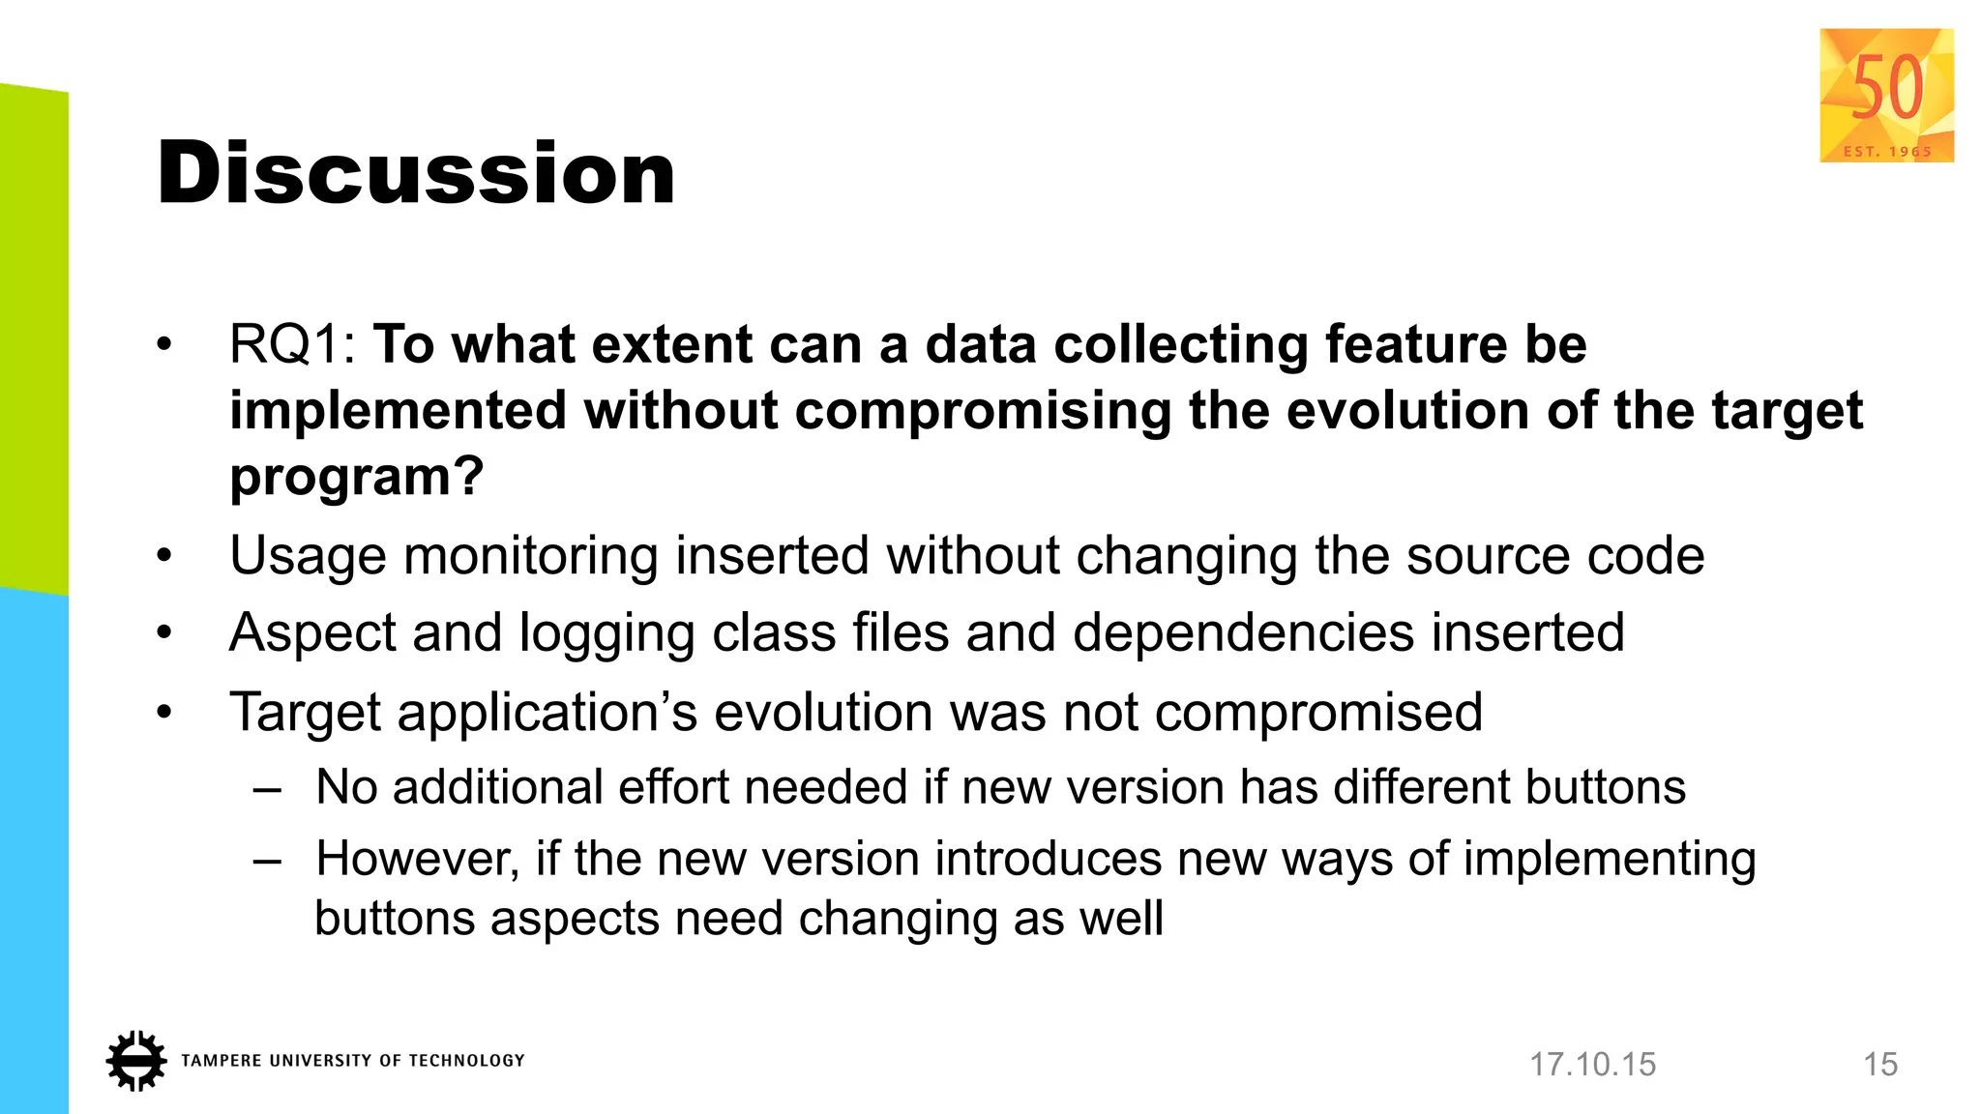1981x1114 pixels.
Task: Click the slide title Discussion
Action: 416,173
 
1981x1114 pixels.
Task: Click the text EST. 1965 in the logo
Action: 1887,151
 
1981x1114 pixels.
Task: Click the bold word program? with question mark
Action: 356,476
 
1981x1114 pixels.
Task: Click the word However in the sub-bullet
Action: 418,860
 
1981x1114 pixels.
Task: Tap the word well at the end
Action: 1121,918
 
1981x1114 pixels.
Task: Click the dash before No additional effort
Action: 267,788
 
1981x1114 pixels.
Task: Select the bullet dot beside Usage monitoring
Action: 164,556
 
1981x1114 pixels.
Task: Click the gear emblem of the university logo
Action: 135,1061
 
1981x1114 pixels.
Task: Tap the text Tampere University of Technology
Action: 352,1061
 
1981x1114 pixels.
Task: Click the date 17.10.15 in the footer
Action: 1592,1065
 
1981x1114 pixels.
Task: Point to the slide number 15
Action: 1880,1065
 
